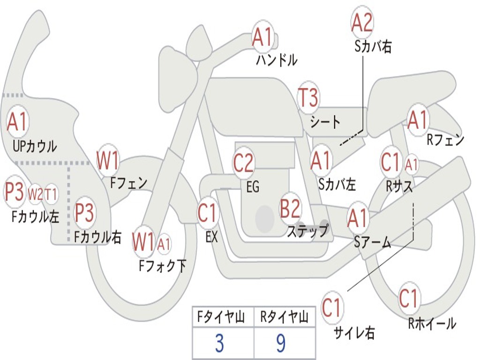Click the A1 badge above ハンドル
click(x=262, y=37)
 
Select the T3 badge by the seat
click(x=308, y=98)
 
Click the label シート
click(x=325, y=122)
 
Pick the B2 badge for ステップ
click(x=290, y=209)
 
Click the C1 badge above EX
click(x=208, y=213)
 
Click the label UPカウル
click(x=35, y=146)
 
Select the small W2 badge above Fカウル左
click(x=35, y=194)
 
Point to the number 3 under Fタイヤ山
click(x=219, y=344)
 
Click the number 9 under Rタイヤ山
click(x=281, y=344)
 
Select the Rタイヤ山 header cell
click(x=284, y=318)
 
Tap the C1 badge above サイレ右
click(x=332, y=308)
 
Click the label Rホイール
click(x=432, y=323)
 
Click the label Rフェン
click(x=445, y=139)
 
